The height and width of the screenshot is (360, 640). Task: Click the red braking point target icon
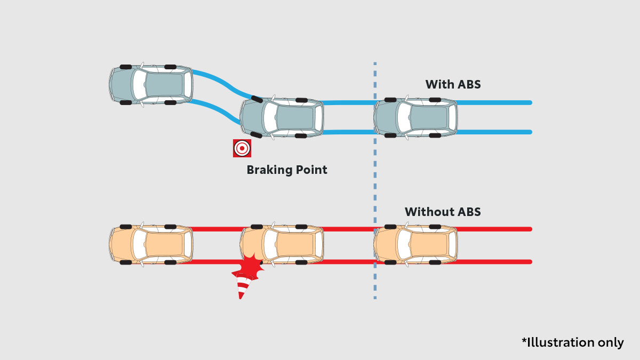242,148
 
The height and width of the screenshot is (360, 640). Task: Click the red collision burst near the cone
250,267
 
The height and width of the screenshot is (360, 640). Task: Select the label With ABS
453,84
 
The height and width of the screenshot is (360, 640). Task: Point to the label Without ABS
443,212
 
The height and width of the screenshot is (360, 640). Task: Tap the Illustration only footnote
572,342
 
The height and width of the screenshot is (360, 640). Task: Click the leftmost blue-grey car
151,84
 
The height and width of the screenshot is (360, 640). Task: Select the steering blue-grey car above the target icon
282,118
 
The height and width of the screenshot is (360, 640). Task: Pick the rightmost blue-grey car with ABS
415,117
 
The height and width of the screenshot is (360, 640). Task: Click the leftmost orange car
151,245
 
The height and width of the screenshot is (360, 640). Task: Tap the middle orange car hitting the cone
282,245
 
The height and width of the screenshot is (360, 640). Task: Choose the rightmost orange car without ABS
415,245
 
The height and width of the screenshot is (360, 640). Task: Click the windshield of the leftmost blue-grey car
139,84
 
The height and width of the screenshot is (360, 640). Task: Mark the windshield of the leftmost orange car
139,245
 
